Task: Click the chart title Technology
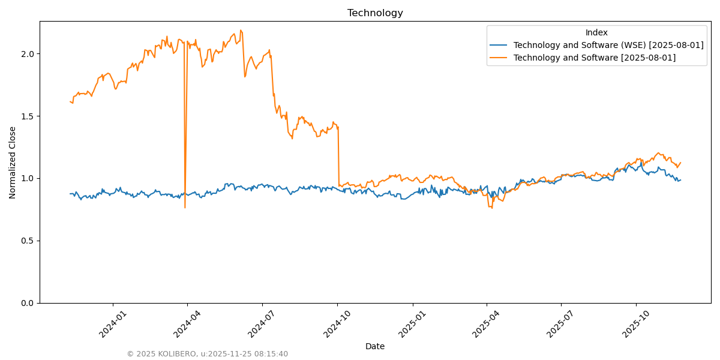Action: click(375, 13)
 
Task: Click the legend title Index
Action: click(596, 32)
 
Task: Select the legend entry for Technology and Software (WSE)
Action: click(608, 45)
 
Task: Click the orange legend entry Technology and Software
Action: click(594, 58)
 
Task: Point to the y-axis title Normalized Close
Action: click(13, 162)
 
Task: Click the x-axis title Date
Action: click(375, 346)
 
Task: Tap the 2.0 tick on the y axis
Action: click(28, 54)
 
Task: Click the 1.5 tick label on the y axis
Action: click(28, 116)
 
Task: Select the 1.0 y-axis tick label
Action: click(28, 179)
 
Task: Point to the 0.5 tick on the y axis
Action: click(28, 241)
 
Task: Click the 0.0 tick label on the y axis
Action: click(28, 303)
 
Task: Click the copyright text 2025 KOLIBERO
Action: click(207, 354)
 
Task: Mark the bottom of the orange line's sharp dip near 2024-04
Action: click(185, 208)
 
